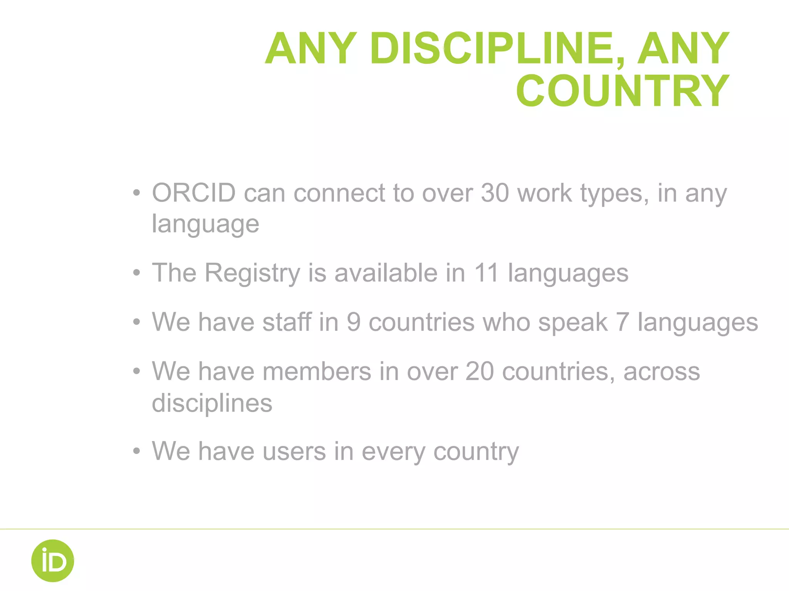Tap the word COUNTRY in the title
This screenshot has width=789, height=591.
(x=623, y=91)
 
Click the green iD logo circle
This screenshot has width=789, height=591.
(x=53, y=561)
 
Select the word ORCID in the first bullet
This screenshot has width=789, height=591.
(x=194, y=193)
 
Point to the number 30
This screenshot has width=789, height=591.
(x=495, y=193)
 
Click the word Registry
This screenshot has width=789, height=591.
(x=252, y=273)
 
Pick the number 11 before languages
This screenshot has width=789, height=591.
(x=486, y=273)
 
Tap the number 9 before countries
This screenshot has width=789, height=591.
(x=353, y=322)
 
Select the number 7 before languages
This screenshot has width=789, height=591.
(x=622, y=322)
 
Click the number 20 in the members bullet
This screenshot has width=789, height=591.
(x=480, y=372)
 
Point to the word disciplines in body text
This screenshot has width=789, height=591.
(x=212, y=403)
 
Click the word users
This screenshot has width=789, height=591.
(x=294, y=451)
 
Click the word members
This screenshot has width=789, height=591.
(x=317, y=372)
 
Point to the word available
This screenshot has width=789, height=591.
(x=386, y=273)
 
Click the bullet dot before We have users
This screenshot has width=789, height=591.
(x=136, y=451)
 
